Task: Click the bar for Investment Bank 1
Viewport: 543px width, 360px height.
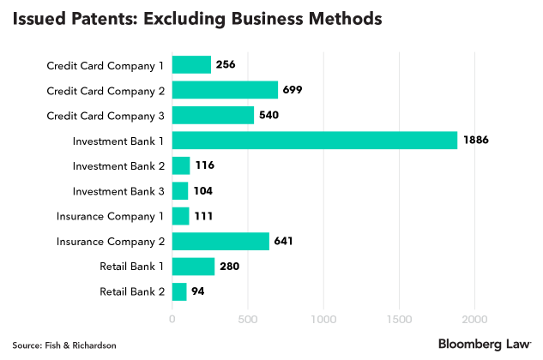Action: click(315, 140)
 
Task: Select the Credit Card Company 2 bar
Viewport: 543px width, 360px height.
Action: click(225, 89)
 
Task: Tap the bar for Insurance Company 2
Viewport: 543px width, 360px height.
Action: click(220, 241)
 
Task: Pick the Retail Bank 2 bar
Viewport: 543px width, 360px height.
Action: click(179, 291)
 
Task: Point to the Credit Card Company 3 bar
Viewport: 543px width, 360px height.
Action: click(213, 115)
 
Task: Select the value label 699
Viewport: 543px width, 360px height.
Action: click(293, 89)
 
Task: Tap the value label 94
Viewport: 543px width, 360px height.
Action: click(197, 291)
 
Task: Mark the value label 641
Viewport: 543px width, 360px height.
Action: click(284, 241)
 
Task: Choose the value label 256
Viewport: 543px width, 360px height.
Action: click(226, 64)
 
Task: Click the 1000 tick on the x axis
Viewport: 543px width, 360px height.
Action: click(323, 319)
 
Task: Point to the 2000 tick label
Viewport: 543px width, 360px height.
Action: click(475, 319)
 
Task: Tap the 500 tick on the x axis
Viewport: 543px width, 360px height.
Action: click(248, 319)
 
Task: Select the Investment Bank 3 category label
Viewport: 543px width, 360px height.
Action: click(118, 190)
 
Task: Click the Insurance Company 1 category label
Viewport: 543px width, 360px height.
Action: click(111, 216)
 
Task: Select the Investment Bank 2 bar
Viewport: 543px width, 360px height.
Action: click(181, 165)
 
